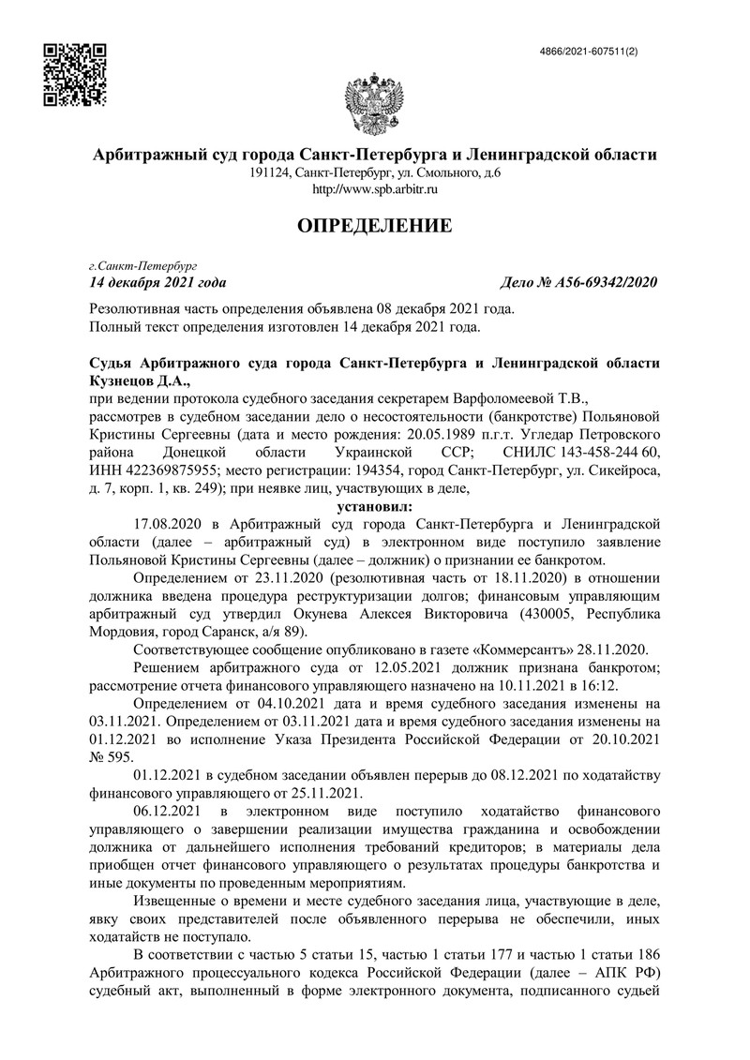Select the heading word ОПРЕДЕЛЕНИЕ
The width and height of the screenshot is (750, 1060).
[x=375, y=225]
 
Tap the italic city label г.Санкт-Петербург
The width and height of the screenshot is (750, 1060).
[x=137, y=266]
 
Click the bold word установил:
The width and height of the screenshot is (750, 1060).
[x=375, y=505]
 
